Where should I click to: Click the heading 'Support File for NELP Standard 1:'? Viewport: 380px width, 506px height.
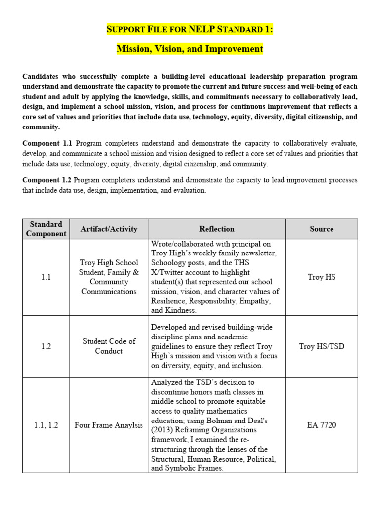tap(190, 29)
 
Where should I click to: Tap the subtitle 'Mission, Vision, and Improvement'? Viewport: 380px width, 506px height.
tap(190, 49)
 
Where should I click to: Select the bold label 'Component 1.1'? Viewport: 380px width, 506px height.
tap(47, 143)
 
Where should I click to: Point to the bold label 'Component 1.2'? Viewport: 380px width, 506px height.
tap(47, 180)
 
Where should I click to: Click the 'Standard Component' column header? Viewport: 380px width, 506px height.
tap(46, 229)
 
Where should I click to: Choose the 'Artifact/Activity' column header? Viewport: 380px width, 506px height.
tap(109, 229)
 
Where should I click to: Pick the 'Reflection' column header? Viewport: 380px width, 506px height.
tap(217, 229)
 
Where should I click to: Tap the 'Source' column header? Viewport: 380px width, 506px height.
tap(321, 229)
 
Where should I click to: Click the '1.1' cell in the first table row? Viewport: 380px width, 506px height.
tap(46, 277)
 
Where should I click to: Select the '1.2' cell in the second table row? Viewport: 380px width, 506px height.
tap(46, 346)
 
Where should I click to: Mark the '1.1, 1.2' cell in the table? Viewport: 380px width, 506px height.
tap(46, 425)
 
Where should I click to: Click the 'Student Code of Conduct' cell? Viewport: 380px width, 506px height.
tap(109, 346)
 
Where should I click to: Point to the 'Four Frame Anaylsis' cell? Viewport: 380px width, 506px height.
tap(109, 425)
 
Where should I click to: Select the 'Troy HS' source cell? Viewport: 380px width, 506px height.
tap(321, 277)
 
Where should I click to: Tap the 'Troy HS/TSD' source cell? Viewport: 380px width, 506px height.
tap(321, 346)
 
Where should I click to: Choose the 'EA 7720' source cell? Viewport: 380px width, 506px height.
tap(321, 425)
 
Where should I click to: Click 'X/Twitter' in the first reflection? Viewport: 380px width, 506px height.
tap(168, 272)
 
